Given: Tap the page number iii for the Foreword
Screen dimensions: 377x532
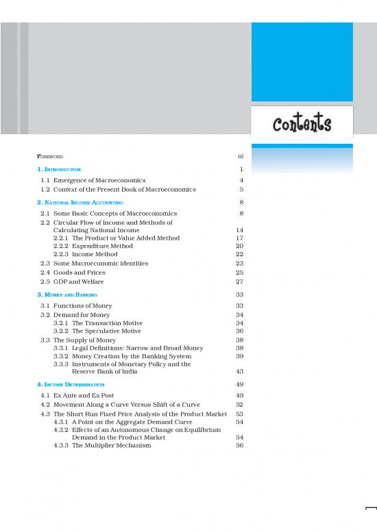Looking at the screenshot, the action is click(240, 157).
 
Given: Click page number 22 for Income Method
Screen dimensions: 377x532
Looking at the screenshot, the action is click(239, 254).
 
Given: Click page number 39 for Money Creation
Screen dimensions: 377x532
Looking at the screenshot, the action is click(239, 356).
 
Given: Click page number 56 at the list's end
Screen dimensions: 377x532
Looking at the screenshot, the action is click(239, 445).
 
